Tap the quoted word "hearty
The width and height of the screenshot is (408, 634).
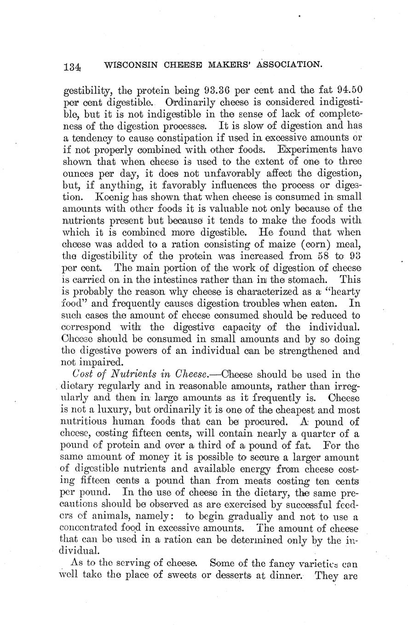[x=338, y=292]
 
